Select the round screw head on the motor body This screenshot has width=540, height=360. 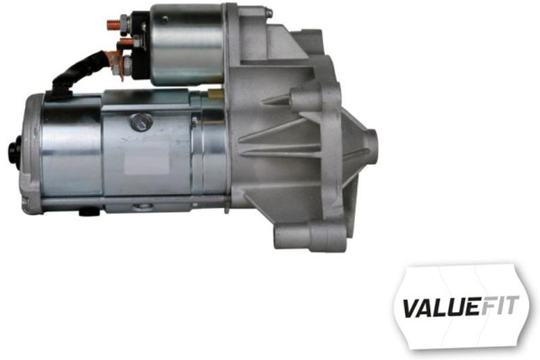(x=141, y=122)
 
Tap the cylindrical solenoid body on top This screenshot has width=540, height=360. (x=186, y=44)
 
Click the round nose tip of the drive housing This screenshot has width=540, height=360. (x=369, y=146)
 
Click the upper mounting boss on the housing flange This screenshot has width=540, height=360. (x=308, y=101)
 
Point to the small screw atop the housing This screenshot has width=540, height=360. (x=268, y=12)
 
